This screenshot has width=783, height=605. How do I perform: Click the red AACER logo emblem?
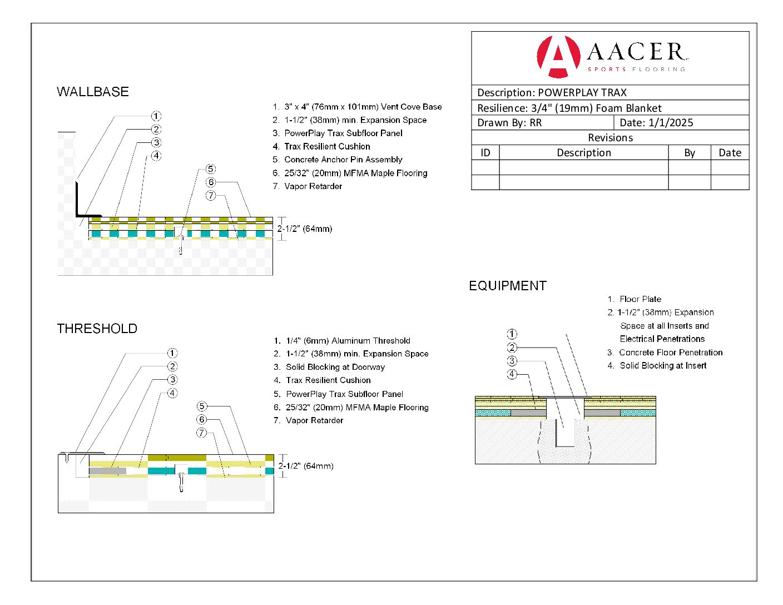[558, 56]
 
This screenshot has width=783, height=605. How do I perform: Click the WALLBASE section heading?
[93, 92]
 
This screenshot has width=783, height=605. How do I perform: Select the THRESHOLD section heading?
[97, 329]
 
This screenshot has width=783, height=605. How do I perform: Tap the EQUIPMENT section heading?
[508, 286]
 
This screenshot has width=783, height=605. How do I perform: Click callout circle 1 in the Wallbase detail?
[156, 116]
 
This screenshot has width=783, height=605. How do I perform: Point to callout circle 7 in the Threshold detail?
[202, 433]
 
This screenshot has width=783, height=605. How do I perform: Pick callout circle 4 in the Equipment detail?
[512, 374]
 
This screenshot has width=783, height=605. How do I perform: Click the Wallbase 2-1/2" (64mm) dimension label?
[305, 229]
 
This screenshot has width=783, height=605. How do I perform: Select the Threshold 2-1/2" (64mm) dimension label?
[306, 466]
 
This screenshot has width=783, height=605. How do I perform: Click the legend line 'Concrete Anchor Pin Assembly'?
[343, 160]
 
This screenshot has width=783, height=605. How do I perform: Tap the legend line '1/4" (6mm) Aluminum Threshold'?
[348, 341]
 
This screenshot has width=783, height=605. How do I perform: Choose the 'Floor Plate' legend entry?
[640, 299]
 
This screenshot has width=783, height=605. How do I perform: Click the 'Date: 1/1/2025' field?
[656, 123]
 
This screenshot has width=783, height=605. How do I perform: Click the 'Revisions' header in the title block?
[610, 138]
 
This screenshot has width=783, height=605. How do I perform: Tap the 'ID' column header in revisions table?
[485, 153]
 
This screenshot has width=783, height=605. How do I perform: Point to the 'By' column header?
[690, 153]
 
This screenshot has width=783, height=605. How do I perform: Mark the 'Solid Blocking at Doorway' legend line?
[335, 367]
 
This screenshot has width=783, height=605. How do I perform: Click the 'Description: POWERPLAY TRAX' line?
[552, 93]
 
